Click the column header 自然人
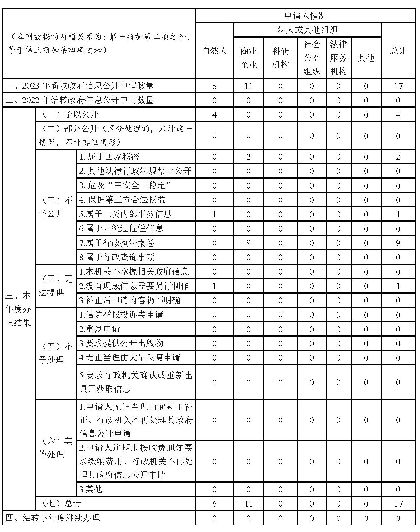[x=214, y=51]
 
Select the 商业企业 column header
[x=248, y=58]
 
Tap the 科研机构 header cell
[x=280, y=58]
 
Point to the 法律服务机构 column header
[x=338, y=58]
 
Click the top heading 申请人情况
[x=305, y=16]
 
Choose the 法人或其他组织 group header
[x=307, y=30]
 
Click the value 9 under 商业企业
[x=248, y=243]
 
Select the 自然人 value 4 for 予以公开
[x=214, y=115]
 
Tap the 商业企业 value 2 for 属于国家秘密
[x=248, y=157]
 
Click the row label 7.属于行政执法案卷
[x=117, y=243]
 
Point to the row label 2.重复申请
[x=100, y=329]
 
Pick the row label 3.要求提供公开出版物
[x=121, y=343]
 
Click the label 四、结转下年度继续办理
[x=53, y=518]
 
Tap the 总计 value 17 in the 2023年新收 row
[x=398, y=86]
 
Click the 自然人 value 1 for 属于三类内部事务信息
[x=214, y=214]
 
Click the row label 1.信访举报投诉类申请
[x=121, y=314]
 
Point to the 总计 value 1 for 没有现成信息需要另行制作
[x=398, y=286]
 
